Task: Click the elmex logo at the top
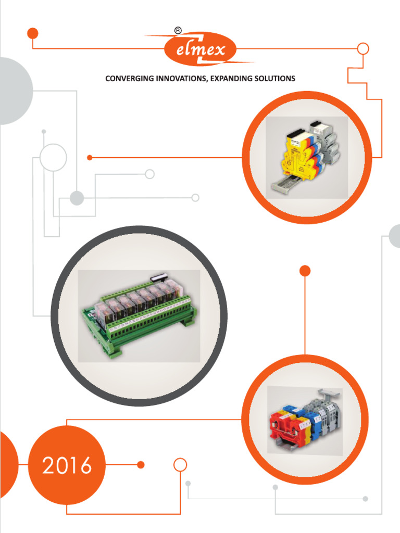(x=201, y=50)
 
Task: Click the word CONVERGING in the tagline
(x=129, y=79)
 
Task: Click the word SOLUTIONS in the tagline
(x=274, y=79)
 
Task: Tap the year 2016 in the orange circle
(x=67, y=465)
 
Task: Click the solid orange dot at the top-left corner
(x=33, y=33)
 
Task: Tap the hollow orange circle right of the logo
(x=363, y=49)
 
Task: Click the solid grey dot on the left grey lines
(x=77, y=198)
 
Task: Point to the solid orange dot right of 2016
(x=140, y=465)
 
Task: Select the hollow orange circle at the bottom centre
(x=180, y=464)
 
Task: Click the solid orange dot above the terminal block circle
(x=305, y=271)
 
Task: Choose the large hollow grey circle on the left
(x=53, y=157)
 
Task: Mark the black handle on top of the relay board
(x=157, y=279)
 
